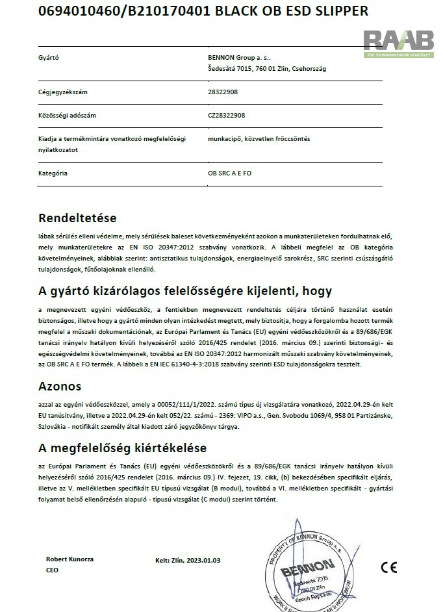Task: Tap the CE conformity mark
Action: pos(389,567)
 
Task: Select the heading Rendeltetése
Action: pos(77,218)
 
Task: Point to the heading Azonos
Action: pos(60,387)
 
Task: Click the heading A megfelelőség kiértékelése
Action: pos(122,448)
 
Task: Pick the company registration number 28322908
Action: pos(223,92)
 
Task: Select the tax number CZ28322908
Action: pos(227,115)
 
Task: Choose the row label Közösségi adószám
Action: pos(68,115)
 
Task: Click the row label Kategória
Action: pos(53,173)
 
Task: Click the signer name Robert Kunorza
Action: pos(70,559)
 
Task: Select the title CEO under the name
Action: pos(53,569)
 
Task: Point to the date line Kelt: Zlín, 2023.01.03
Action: pos(188,559)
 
